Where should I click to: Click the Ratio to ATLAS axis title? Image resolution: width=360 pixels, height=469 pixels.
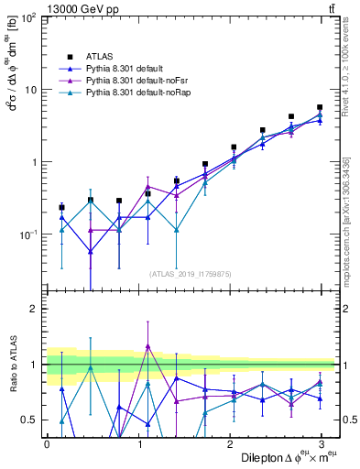coord(12,365)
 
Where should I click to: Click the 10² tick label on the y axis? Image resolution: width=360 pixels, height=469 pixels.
coord(27,19)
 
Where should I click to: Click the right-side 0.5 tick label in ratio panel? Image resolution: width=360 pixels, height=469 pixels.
coord(349,420)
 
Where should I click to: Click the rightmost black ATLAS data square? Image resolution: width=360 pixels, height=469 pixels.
coord(320,107)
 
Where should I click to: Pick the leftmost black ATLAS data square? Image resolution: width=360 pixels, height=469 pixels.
coord(61,207)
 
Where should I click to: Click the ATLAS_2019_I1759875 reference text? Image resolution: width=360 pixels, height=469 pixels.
coord(190,273)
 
